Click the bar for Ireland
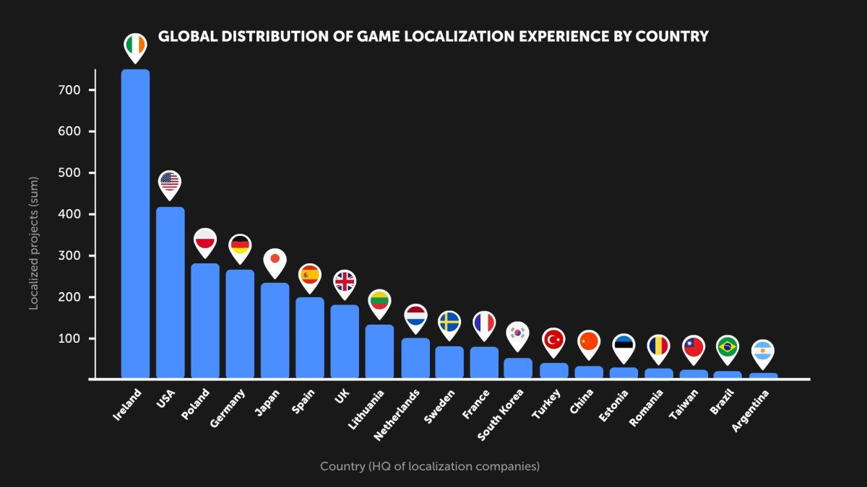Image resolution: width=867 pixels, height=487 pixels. pos(135,224)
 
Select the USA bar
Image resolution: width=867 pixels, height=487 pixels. pos(171,292)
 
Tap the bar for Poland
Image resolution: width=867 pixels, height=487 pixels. pos(205,320)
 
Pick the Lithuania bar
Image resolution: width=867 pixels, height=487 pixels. pos(379,351)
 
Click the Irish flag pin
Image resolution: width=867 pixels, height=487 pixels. pos(135,45)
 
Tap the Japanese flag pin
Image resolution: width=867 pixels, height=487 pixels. pos(275,260)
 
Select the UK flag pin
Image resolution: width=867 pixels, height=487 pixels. pos(345,282)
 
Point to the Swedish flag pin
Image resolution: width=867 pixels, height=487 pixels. pos(449,323)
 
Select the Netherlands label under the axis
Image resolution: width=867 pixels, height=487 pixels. pos(398,414)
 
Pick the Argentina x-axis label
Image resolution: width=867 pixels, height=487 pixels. pos(752,411)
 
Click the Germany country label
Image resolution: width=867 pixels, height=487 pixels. pos(228,408)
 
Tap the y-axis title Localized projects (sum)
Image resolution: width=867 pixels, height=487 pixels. pos(33,243)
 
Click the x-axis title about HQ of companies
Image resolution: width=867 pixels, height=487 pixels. pos(430,467)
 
